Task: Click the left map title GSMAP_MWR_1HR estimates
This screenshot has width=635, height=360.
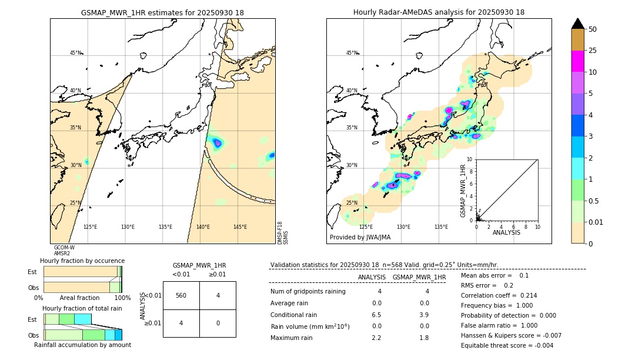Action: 162,12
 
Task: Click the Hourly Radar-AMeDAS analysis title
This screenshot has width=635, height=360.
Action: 439,12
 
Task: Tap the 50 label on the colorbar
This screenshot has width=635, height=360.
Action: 593,29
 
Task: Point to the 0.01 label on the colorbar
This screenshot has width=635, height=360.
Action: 596,222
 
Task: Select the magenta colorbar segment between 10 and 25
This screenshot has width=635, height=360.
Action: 577,61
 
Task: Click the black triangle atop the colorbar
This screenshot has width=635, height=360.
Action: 577,24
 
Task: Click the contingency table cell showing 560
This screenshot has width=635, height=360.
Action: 181,295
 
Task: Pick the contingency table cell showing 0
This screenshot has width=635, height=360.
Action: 218,323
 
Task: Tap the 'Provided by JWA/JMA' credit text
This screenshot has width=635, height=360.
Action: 360,237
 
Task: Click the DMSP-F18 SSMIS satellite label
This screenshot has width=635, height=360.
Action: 283,233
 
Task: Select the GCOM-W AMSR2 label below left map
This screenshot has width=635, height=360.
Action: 64,251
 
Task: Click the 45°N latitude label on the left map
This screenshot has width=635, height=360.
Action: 75,53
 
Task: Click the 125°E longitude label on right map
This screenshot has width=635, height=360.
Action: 366,227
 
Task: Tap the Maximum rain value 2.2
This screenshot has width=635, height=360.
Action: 376,338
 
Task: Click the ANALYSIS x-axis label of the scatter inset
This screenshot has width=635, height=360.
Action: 507,232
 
